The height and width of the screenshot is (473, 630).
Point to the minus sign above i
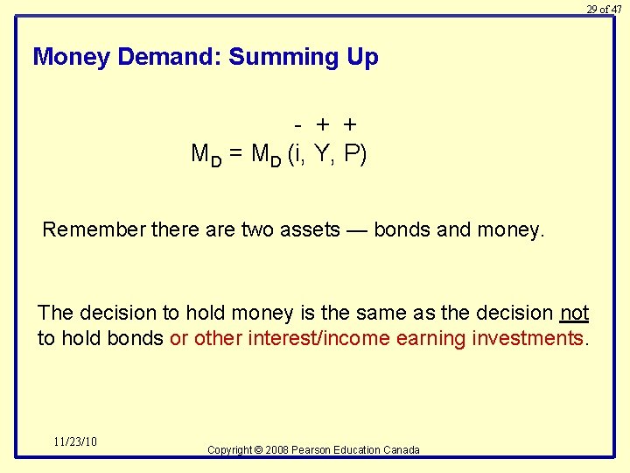[x=298, y=125]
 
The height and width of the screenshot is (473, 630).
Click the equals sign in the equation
[x=235, y=155]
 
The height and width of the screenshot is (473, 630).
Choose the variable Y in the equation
[x=323, y=154]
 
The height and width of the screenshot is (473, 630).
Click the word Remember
[x=94, y=230]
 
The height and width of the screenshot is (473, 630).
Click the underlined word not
[x=574, y=314]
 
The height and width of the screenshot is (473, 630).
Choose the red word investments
[x=526, y=339]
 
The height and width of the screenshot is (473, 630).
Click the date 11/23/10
[x=74, y=441]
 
